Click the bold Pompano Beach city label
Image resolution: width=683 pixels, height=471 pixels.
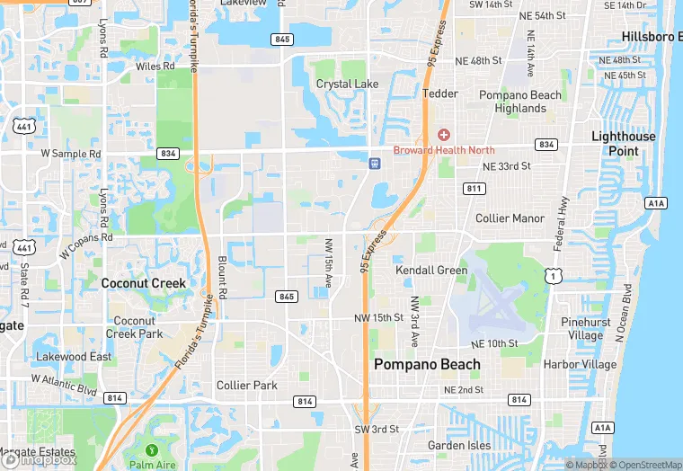pyautogui.click(x=426, y=364)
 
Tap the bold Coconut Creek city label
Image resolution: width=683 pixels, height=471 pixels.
pyautogui.click(x=143, y=283)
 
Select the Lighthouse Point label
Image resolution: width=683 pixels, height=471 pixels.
pyautogui.click(x=623, y=143)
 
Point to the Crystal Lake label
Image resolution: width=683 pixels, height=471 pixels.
pyautogui.click(x=347, y=84)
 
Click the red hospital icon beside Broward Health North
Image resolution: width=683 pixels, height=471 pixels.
pyautogui.click(x=443, y=135)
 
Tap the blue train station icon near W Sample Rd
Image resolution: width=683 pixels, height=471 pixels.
pyautogui.click(x=374, y=164)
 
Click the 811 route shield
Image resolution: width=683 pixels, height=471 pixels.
pyautogui.click(x=475, y=189)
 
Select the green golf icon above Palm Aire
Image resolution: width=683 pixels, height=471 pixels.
pyautogui.click(x=150, y=449)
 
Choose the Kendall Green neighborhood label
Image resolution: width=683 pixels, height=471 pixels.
pyautogui.click(x=431, y=270)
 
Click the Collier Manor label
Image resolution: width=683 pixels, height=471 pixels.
pyautogui.click(x=510, y=218)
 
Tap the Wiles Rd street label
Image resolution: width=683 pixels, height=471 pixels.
pyautogui.click(x=155, y=67)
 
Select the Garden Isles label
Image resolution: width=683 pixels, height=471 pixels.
pyautogui.click(x=458, y=446)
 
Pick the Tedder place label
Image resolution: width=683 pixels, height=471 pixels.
pyautogui.click(x=440, y=93)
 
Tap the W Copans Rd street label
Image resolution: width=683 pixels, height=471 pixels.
pyautogui.click(x=86, y=246)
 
